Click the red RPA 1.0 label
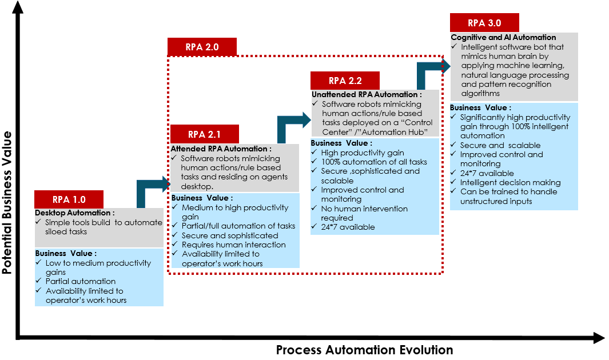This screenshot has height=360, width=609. (69, 199)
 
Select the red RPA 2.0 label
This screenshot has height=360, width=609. (202, 47)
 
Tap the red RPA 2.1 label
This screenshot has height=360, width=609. (204, 134)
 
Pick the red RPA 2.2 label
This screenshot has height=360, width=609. (344, 81)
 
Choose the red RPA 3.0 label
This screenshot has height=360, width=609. (484, 23)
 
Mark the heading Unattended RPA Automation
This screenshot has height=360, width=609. (367, 94)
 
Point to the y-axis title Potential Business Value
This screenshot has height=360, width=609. (7, 203)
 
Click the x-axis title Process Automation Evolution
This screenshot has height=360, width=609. (364, 350)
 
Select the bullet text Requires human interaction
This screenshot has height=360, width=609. (233, 245)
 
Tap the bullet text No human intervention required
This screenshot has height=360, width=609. (364, 213)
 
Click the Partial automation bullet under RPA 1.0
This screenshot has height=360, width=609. (81, 281)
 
